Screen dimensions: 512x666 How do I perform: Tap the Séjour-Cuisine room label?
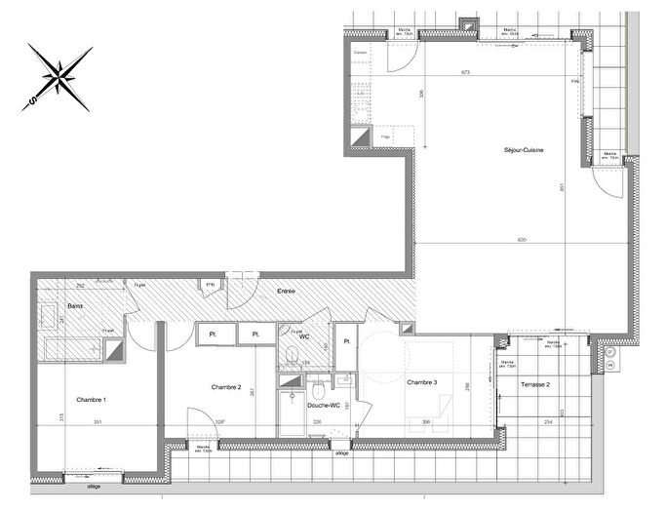click(x=524, y=150)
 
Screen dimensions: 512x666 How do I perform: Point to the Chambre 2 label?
click(x=226, y=387)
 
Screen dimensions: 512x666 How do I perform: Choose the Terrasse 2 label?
click(x=534, y=385)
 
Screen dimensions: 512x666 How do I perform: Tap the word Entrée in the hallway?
click(x=287, y=291)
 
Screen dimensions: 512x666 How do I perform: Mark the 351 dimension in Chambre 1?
click(x=98, y=422)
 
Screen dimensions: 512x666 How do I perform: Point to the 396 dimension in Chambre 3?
click(x=426, y=422)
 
